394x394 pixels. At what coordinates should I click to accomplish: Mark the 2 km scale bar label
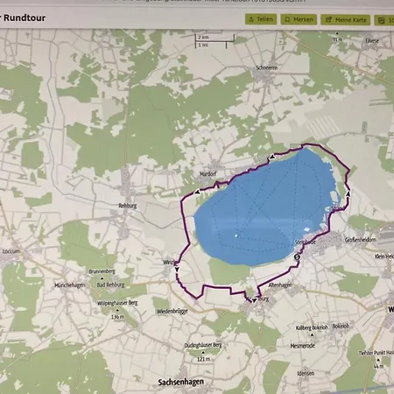click(x=203, y=37)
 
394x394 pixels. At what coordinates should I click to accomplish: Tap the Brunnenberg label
click(x=102, y=272)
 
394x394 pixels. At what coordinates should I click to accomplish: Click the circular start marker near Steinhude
click(x=297, y=258)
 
